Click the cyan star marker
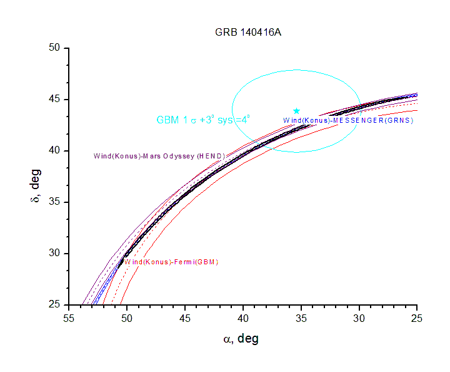point(296,111)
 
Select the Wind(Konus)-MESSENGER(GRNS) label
point(348,120)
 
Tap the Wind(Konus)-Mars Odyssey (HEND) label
point(159,155)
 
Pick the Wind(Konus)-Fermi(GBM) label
point(171,261)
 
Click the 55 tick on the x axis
point(69,318)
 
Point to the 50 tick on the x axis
point(127,318)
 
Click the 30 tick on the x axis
point(359,318)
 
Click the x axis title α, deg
point(241,339)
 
